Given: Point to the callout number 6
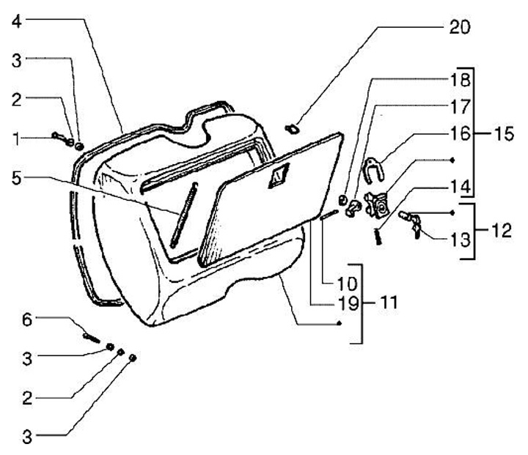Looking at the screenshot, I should pos(27,319).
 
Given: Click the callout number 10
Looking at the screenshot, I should pos(326,282).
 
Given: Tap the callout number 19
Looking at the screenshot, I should pos(326,302).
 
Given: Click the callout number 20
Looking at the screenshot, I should pos(458,27).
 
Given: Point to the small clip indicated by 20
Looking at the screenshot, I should pos(291,128).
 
